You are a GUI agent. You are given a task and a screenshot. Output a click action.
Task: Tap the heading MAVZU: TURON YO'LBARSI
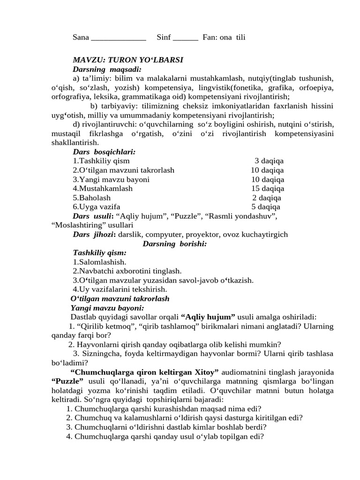tap(128, 60)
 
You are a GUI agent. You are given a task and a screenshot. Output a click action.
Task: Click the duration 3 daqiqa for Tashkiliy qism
tap(269, 161)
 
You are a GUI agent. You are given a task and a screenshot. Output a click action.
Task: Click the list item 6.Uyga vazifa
tap(97, 207)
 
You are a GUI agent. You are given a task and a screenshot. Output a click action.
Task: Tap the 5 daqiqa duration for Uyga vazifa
tap(266, 207)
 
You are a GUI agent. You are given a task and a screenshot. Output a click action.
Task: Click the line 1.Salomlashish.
tap(99, 262)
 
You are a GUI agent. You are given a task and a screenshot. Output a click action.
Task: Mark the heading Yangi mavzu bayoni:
tap(107, 308)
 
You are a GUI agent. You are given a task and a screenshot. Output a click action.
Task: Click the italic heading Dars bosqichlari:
tap(105, 152)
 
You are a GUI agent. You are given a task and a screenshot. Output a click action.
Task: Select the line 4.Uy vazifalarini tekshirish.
tap(120, 290)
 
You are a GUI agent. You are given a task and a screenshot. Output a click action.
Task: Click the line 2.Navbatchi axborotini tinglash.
tap(127, 271)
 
